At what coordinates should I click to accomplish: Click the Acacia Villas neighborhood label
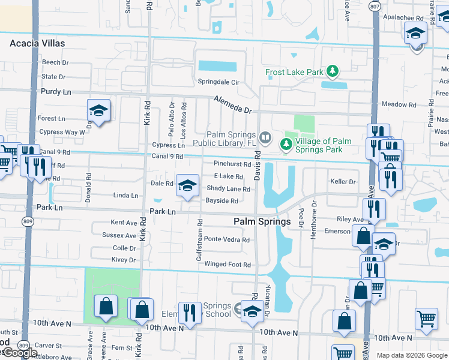tap(37, 43)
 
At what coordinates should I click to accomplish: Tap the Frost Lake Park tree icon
tap(332, 73)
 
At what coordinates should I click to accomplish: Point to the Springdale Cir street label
tap(219, 82)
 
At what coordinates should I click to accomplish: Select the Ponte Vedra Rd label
tap(227, 239)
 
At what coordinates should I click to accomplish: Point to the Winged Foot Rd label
tap(228, 264)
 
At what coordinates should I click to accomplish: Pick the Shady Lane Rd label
tap(228, 188)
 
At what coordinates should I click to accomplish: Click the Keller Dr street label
tap(343, 181)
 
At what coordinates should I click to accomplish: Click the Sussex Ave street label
tap(119, 235)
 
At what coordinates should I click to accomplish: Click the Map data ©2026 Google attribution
tap(411, 355)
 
